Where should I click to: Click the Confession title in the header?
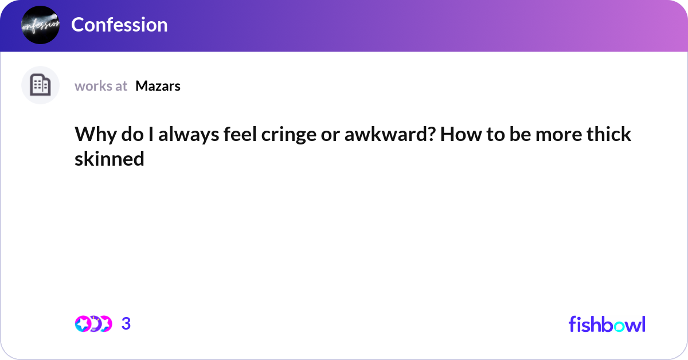[119, 25]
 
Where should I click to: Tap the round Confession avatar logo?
[40, 25]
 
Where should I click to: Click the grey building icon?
[40, 85]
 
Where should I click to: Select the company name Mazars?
[158, 86]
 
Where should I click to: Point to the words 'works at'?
[101, 86]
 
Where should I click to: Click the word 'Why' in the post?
[92, 135]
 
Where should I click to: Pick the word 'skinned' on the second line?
[109, 159]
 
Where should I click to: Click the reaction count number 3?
[126, 324]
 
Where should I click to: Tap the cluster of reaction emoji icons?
[93, 324]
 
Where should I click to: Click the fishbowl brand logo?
[607, 324]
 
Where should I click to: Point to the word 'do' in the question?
[130, 135]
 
